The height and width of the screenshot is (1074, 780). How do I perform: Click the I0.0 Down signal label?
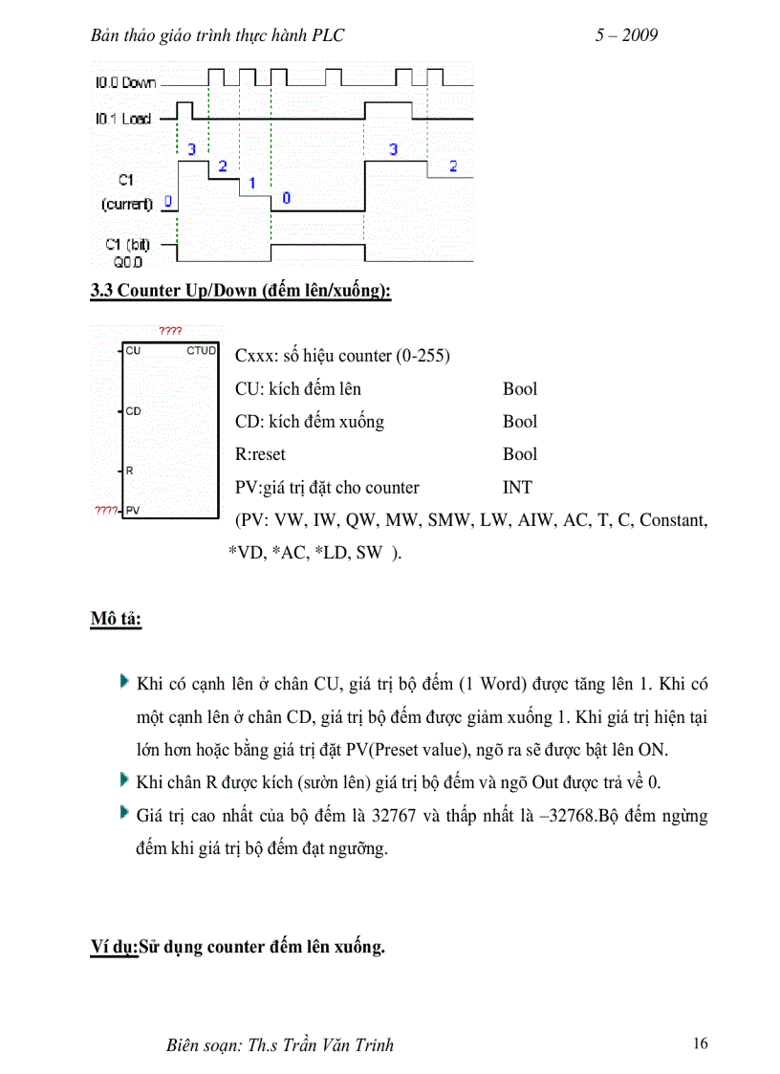tap(125, 83)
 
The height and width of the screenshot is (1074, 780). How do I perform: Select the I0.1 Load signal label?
tap(123, 119)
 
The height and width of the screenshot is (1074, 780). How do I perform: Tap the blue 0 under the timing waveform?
tap(286, 198)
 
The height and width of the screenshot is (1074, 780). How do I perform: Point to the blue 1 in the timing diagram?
tap(252, 182)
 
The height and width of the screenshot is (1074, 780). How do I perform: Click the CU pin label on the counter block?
tap(134, 351)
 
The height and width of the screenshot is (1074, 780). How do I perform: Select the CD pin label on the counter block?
tap(134, 411)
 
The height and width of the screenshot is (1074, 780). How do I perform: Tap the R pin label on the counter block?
tap(130, 471)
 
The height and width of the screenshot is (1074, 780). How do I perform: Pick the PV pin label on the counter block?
tap(133, 510)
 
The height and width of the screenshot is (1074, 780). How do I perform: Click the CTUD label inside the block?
tap(202, 351)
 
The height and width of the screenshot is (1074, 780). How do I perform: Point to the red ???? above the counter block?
tap(170, 331)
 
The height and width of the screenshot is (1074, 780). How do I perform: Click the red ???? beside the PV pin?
tap(104, 510)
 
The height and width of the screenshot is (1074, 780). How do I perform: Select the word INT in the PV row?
tap(517, 488)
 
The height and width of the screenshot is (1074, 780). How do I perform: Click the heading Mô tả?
tap(117, 619)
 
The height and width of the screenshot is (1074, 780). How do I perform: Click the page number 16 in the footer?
tap(701, 1043)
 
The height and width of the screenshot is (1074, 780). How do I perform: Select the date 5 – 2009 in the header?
tap(626, 35)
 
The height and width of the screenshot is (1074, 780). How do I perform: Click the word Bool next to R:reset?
tap(520, 454)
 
